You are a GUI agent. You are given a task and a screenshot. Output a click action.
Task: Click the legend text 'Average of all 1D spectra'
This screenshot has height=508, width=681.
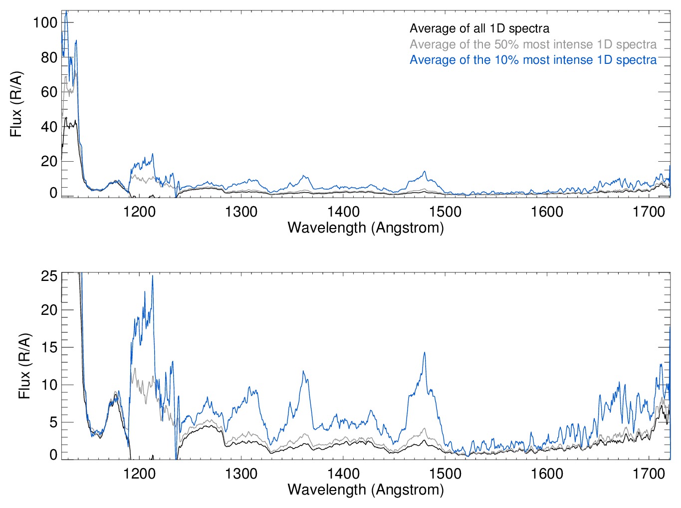point(479,28)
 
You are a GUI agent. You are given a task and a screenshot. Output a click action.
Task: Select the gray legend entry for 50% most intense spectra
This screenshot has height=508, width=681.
point(533,44)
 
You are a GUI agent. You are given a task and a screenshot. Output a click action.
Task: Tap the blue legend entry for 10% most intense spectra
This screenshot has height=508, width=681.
point(533,60)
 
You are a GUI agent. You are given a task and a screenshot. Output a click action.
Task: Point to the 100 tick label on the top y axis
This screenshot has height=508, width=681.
point(45,22)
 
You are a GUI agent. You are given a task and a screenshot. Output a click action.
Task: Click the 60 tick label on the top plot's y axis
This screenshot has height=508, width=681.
point(49,92)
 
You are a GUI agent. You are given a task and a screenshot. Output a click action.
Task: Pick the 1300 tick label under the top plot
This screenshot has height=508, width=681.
point(241,212)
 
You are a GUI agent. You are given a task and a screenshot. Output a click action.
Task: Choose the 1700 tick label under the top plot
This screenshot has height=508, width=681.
point(649,212)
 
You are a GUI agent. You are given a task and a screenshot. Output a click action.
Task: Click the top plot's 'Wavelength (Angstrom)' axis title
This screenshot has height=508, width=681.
point(366,228)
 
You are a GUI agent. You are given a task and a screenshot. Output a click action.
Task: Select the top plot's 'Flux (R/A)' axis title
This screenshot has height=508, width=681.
point(16,104)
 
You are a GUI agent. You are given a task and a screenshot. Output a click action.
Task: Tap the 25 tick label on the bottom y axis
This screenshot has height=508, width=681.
point(49,276)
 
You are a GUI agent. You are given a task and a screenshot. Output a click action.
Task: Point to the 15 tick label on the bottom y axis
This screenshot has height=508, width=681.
point(49,347)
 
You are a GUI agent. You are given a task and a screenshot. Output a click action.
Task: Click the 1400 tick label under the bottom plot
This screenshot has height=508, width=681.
point(343,473)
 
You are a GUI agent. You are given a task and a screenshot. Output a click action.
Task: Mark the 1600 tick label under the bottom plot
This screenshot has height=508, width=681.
point(547,473)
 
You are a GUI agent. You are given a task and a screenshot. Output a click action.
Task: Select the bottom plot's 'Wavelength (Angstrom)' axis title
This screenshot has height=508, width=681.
point(366,490)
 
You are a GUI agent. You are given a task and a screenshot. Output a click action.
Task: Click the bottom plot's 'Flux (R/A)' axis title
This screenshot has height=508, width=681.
point(24,366)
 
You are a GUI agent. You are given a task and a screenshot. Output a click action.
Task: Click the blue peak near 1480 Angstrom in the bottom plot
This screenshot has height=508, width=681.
point(425,353)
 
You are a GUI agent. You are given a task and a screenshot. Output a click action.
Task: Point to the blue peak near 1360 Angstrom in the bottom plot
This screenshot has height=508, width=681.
point(303,371)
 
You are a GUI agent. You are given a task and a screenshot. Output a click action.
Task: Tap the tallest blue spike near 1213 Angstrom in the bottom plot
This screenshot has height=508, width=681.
point(153,275)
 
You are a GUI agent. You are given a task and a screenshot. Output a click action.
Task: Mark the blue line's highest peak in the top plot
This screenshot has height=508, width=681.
point(66,11)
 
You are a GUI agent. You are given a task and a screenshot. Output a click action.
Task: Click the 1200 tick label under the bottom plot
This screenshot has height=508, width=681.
point(139,473)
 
